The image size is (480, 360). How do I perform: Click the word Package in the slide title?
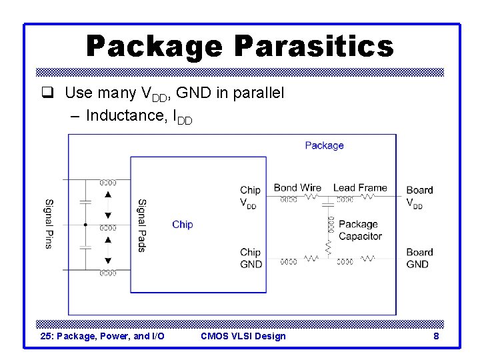pyautogui.click(x=154, y=47)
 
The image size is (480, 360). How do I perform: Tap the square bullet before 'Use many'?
pyautogui.click(x=45, y=93)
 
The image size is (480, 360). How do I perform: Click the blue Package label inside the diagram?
pyautogui.click(x=324, y=145)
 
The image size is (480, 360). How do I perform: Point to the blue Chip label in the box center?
pyautogui.click(x=182, y=225)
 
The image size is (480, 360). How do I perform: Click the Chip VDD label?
pyautogui.click(x=250, y=197)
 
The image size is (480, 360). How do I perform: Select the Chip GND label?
pyautogui.click(x=251, y=258)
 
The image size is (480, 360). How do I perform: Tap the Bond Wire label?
pyautogui.click(x=297, y=188)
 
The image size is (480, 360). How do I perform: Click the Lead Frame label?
pyautogui.click(x=360, y=188)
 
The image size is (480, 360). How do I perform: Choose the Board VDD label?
pyautogui.click(x=419, y=197)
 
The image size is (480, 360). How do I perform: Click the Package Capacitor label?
pyautogui.click(x=360, y=230)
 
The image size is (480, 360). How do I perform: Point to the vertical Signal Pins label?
pyautogui.click(x=49, y=224)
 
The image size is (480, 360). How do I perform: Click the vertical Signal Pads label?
pyautogui.click(x=141, y=225)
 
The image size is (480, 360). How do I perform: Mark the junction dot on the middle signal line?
pyautogui.click(x=85, y=225)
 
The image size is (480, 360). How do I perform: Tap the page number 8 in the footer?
pyautogui.click(x=436, y=336)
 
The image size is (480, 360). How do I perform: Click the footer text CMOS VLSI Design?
pyautogui.click(x=243, y=336)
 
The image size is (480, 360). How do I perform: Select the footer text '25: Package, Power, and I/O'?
pyautogui.click(x=102, y=336)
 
